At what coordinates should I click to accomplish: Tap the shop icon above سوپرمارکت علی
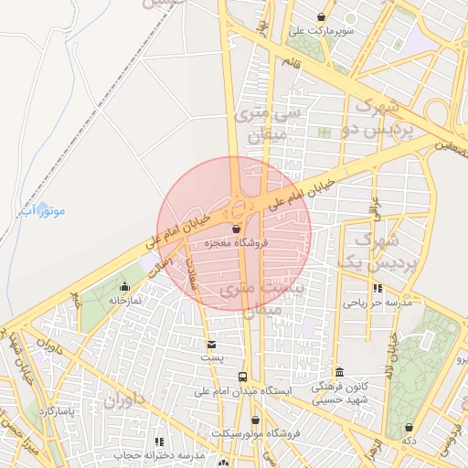(321, 17)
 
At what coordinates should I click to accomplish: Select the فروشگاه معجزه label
(236, 243)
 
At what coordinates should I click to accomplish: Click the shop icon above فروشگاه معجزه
(237, 229)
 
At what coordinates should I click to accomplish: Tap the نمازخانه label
(124, 300)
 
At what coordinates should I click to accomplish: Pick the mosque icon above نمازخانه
(125, 287)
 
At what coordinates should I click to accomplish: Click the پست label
(212, 358)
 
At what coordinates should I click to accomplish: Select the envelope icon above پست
(212, 345)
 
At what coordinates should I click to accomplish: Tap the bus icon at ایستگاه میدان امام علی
(242, 377)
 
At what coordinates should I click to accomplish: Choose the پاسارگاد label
(61, 412)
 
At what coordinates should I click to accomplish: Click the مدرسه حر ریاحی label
(378, 302)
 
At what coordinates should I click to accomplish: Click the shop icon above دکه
(408, 427)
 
